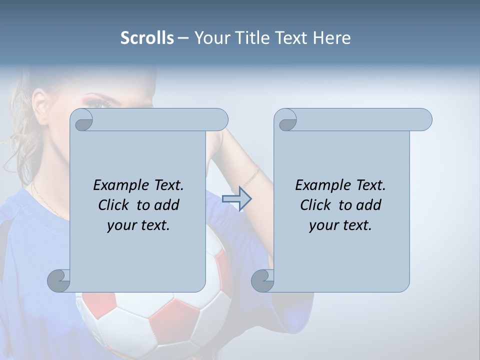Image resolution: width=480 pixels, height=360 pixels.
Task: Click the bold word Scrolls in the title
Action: click(x=147, y=37)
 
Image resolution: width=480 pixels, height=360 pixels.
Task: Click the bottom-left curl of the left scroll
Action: click(x=59, y=280)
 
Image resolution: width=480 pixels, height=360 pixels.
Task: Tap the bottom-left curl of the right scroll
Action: click(x=262, y=280)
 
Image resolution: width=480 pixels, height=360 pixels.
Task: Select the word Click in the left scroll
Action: click(x=113, y=205)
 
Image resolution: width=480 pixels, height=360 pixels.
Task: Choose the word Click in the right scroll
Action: click(x=315, y=205)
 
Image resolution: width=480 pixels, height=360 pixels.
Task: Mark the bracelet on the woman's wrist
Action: click(x=251, y=178)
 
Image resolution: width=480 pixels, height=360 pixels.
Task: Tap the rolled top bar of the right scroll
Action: click(x=360, y=120)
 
